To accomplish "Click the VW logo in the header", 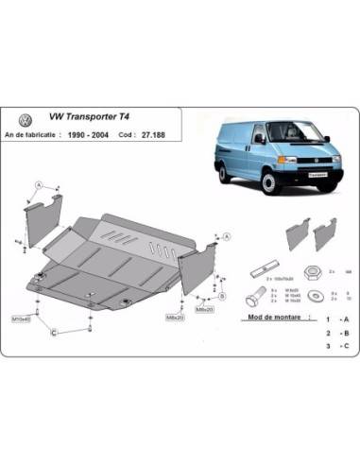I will click(23, 122).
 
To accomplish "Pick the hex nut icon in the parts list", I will click(311, 269).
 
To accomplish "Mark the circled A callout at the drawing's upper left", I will click(39, 183).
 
